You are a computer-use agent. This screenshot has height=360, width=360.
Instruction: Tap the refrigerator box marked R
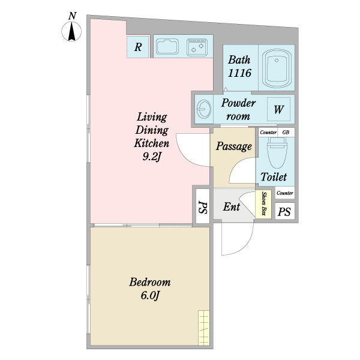click(138, 47)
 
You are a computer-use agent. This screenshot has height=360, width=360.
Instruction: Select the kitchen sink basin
click(167, 47)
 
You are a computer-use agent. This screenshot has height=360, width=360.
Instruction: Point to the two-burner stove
click(197, 47)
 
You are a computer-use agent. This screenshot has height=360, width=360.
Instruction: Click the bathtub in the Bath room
click(277, 68)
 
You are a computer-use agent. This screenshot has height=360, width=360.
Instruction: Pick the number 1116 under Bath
click(239, 73)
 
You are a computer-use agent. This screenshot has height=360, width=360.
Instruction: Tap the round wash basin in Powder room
click(203, 109)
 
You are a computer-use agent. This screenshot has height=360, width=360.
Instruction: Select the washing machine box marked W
click(278, 109)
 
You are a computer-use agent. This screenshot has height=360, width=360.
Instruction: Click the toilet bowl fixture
click(277, 152)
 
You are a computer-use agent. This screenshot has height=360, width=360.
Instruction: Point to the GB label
click(286, 133)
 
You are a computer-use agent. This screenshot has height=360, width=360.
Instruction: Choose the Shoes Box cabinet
click(263, 203)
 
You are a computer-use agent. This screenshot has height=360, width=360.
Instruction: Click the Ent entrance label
click(232, 206)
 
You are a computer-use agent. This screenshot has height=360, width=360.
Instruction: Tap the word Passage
click(234, 146)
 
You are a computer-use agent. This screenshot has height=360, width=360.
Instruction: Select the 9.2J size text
click(151, 157)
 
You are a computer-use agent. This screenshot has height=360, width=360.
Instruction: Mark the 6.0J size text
click(150, 295)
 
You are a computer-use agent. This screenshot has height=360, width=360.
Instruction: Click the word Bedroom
click(150, 282)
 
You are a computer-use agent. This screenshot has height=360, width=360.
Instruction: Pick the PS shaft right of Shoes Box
click(284, 211)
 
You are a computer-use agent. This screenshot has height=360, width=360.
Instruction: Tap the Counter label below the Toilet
click(285, 193)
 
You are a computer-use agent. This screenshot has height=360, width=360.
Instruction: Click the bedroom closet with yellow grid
click(204, 328)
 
